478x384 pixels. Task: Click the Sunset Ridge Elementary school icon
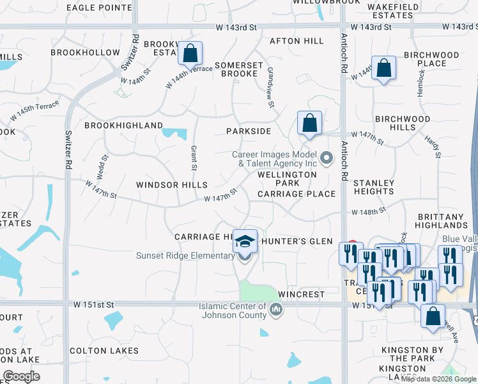pyautogui.click(x=244, y=241)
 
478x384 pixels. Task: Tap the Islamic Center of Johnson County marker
pyautogui.click(x=276, y=310)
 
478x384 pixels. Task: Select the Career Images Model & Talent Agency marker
pyautogui.click(x=327, y=157)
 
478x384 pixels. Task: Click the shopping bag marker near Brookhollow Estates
pyautogui.click(x=190, y=53)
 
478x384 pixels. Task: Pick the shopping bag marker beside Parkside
pyautogui.click(x=309, y=123)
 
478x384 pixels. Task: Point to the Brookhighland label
pyautogui.click(x=123, y=125)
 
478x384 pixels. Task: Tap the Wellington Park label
pyautogui.click(x=287, y=179)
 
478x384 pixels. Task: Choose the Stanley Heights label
pyautogui.click(x=374, y=187)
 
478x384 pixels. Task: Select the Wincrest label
pyautogui.click(x=302, y=294)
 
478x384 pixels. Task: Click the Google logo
pyautogui.click(x=22, y=376)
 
